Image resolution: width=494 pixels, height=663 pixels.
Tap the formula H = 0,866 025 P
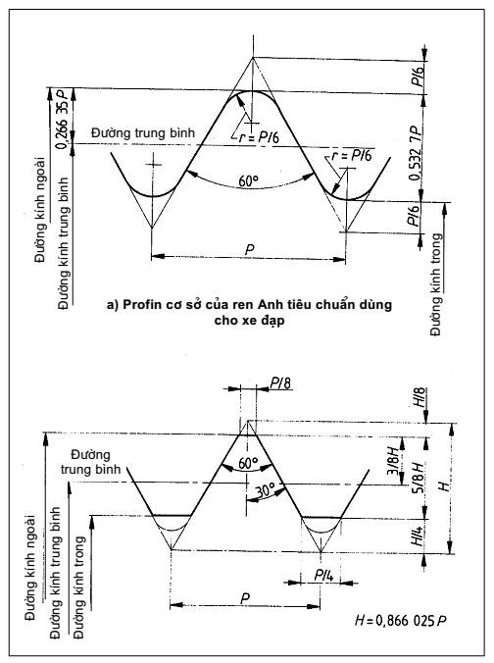(401, 621)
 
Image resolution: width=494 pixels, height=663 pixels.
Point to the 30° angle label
(266, 490)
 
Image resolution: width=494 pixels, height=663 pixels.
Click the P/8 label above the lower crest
(280, 383)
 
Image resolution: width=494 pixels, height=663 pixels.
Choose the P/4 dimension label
(324, 575)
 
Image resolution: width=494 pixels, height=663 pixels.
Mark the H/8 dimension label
(420, 397)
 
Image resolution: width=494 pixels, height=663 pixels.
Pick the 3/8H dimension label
(393, 460)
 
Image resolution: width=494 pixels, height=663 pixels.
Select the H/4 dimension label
(418, 535)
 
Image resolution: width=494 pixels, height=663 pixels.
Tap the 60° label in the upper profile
(249, 181)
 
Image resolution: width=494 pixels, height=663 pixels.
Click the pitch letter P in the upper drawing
(250, 249)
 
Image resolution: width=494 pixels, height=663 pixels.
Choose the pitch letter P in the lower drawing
(245, 599)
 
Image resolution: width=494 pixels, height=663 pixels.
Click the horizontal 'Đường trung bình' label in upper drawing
(143, 132)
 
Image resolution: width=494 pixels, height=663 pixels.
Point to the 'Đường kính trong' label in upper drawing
(435, 284)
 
